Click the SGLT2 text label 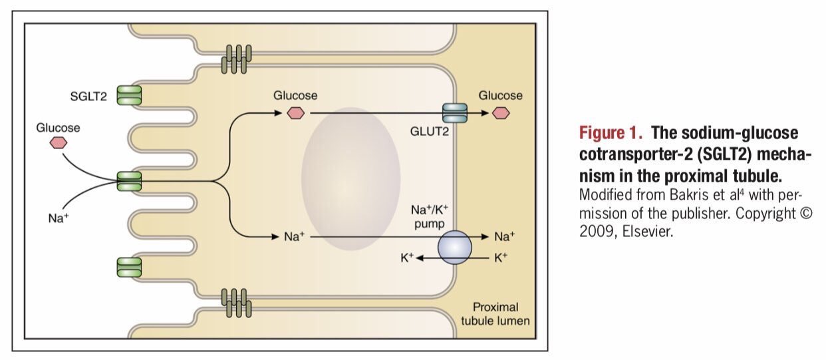tap(88, 96)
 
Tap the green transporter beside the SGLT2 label tap(129, 95)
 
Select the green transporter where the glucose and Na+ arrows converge tap(129, 180)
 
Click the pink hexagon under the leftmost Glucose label tap(59, 143)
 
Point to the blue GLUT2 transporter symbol tap(456, 113)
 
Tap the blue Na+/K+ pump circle tap(455, 247)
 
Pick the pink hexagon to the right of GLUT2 tap(501, 113)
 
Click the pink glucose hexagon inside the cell tap(295, 113)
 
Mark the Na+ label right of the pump tap(504, 236)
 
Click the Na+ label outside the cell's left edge tap(59, 218)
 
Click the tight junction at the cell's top tap(237, 59)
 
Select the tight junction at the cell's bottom tap(237, 303)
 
